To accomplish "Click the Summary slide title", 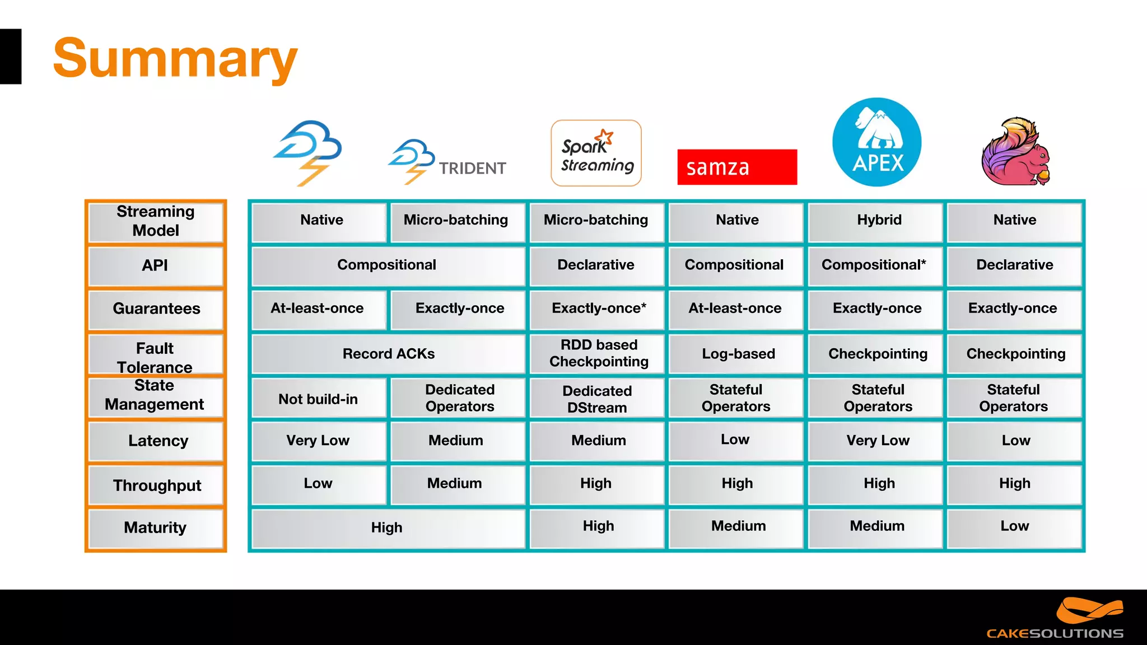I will pyautogui.click(x=175, y=58).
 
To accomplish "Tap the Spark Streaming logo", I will pyautogui.click(x=596, y=153).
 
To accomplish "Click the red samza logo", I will pyautogui.click(x=737, y=167).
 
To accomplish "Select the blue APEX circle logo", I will pyautogui.click(x=876, y=142).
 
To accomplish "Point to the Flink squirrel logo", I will pyautogui.click(x=1016, y=152).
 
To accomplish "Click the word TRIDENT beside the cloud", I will pyautogui.click(x=472, y=169).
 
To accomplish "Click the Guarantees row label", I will pyautogui.click(x=156, y=309).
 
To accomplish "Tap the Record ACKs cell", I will pyautogui.click(x=388, y=354).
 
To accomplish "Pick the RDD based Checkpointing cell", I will pyautogui.click(x=598, y=354).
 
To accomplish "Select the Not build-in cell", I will pyautogui.click(x=318, y=399).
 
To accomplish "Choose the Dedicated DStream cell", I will pyautogui.click(x=597, y=399).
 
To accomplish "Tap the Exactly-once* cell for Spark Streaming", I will pyautogui.click(x=598, y=309).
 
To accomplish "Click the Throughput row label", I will pyautogui.click(x=156, y=485).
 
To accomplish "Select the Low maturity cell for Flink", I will pyautogui.click(x=1014, y=527).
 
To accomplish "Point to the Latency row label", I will pyautogui.click(x=157, y=441).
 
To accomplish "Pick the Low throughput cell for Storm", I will pyautogui.click(x=318, y=484).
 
